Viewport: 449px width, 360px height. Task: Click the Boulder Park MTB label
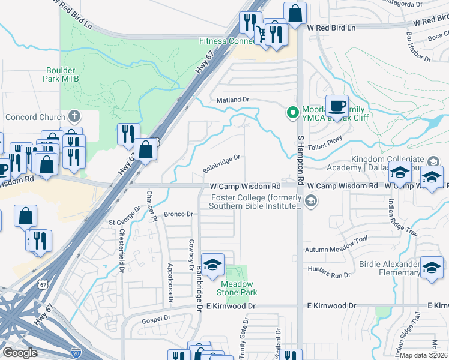pos(62,74)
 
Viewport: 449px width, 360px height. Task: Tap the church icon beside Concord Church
pos(74,115)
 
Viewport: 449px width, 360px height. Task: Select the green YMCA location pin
pos(293,112)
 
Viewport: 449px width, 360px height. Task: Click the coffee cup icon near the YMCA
pos(336,106)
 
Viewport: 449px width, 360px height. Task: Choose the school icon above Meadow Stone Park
pos(212,265)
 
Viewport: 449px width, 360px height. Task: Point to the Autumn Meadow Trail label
pos(336,249)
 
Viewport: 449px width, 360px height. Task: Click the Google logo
pos(20,353)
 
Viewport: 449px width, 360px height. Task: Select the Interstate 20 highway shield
pos(76,351)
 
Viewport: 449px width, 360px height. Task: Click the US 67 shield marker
pos(40,281)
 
